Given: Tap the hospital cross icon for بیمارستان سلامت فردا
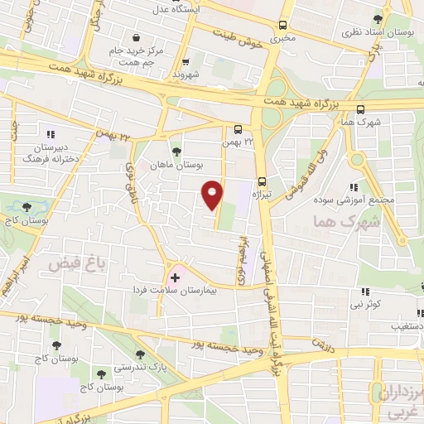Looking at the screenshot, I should pyautogui.click(x=175, y=276).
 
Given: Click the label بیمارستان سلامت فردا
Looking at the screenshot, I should pyautogui.click(x=166, y=291).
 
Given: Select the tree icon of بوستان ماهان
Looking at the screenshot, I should pyautogui.click(x=176, y=151).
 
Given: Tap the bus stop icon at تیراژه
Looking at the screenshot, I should pyautogui.click(x=263, y=182).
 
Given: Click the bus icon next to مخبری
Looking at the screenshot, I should pyautogui.click(x=284, y=25).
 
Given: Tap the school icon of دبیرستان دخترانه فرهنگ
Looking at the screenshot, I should pyautogui.click(x=51, y=132).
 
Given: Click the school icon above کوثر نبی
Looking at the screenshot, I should pyautogui.click(x=365, y=291).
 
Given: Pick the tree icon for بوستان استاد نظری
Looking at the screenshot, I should pyautogui.click(x=378, y=18).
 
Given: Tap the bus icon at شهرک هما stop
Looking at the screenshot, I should pyautogui.click(x=359, y=108).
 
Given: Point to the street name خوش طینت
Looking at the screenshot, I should pyautogui.click(x=239, y=39).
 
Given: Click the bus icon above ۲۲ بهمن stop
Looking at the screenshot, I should pyautogui.click(x=238, y=128).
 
